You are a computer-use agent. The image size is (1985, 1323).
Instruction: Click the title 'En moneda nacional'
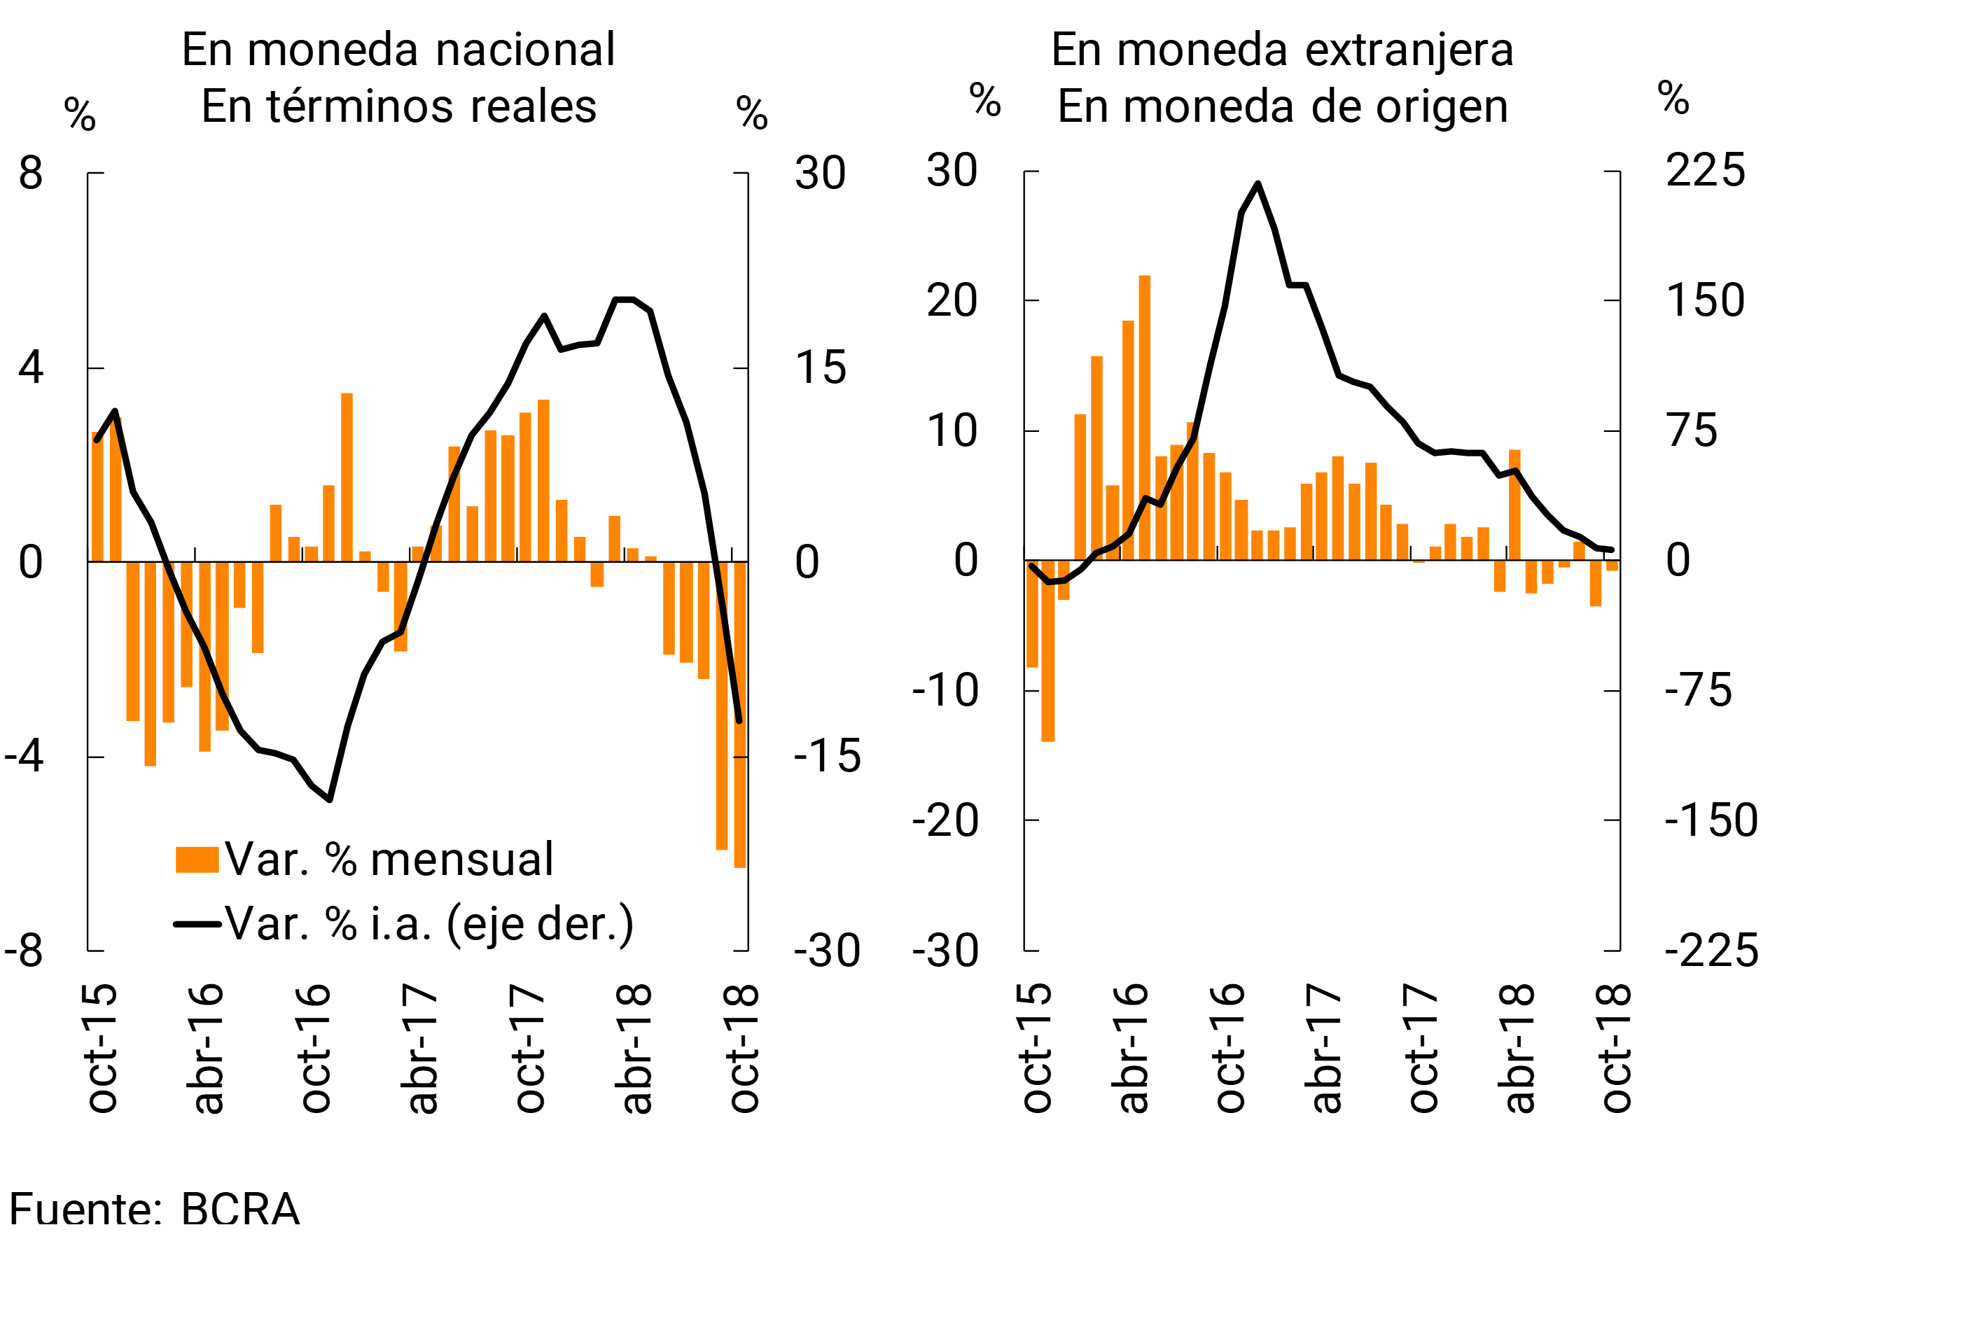tap(398, 49)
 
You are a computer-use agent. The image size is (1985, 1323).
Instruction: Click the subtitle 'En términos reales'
tap(398, 106)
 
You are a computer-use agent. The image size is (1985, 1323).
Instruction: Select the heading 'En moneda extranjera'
tap(1282, 49)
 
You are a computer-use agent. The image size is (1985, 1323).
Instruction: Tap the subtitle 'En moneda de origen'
tap(1282, 106)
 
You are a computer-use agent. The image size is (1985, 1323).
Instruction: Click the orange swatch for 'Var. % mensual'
tap(197, 859)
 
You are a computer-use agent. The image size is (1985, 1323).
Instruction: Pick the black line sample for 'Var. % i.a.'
tap(197, 924)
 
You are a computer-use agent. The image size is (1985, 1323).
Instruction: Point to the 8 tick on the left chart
tap(32, 173)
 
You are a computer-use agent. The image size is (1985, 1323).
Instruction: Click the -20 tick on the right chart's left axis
tap(945, 820)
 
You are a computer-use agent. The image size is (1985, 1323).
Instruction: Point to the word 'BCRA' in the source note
tap(241, 1208)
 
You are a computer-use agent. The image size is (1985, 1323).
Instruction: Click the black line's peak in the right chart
tap(1258, 184)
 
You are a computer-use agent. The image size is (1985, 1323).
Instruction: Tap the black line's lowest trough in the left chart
tap(329, 799)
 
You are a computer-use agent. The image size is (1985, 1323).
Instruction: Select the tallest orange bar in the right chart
tap(1144, 418)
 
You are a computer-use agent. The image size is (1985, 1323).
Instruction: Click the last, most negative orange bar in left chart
tap(740, 714)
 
